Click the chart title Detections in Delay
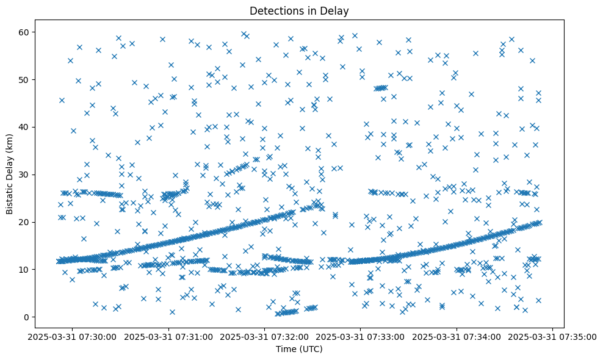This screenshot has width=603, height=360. coord(299,10)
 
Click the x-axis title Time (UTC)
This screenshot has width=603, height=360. coord(299,350)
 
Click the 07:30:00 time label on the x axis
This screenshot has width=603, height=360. coord(73,336)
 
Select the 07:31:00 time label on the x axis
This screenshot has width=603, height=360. coord(169,336)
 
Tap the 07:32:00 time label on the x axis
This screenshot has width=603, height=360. coord(265,336)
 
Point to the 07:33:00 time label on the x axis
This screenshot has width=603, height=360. coord(361,336)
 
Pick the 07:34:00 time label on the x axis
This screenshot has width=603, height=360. coord(457,336)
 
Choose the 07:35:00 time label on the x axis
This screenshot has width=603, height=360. coord(553,336)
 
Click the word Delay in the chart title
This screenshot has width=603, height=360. coord(335,10)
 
